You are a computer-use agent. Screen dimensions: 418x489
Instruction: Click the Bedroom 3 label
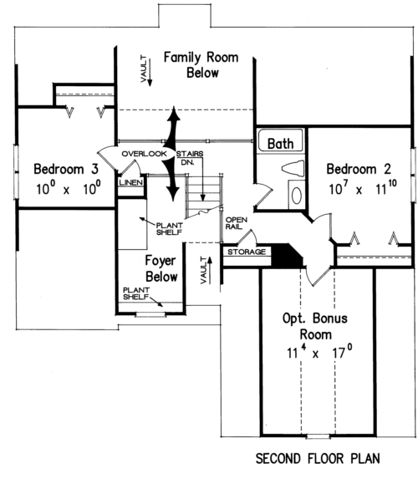tap(66, 169)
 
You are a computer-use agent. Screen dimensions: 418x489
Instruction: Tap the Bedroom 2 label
tap(359, 169)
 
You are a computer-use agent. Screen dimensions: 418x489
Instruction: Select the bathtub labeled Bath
tap(280, 140)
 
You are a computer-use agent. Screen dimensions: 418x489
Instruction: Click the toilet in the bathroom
tap(293, 168)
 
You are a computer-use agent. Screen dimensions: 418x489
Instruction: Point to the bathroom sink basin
tap(296, 195)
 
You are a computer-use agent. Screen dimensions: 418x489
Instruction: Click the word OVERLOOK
tap(144, 154)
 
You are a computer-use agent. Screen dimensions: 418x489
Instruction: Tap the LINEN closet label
tap(131, 182)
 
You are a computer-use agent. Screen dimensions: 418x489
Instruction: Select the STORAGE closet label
tap(247, 252)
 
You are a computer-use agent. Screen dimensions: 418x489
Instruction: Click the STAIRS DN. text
tap(190, 158)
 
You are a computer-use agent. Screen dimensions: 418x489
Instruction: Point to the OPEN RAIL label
tap(236, 223)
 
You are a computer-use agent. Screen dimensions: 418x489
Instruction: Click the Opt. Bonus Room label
tap(315, 326)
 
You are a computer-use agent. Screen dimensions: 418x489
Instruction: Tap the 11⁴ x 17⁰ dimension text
tap(319, 352)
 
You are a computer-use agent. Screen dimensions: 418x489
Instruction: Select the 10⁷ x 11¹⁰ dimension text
tap(363, 188)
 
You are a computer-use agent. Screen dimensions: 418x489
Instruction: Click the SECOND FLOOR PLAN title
tap(318, 459)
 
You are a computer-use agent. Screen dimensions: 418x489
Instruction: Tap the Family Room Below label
tap(201, 65)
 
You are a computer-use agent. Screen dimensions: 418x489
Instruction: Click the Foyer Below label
tap(161, 268)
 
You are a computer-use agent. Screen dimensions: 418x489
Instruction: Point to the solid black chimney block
tap(287, 256)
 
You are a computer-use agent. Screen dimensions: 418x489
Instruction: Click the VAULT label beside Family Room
tap(144, 69)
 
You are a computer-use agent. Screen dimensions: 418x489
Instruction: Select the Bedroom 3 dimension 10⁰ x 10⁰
tap(69, 188)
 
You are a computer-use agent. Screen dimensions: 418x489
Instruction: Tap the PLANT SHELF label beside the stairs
tap(169, 228)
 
